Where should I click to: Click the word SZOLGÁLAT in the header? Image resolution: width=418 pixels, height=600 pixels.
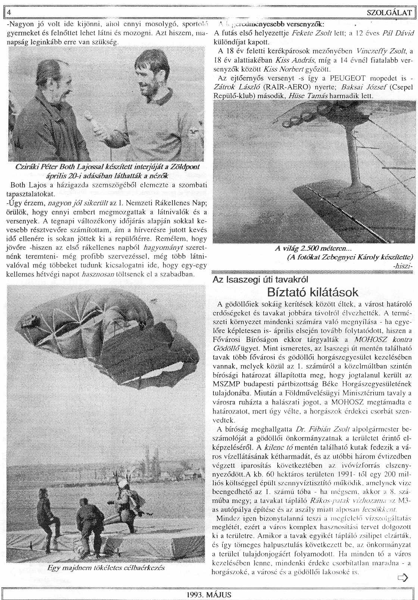[389, 13]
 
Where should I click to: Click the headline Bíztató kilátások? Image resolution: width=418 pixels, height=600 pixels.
[313, 292]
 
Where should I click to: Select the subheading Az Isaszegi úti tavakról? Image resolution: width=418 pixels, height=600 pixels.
[260, 279]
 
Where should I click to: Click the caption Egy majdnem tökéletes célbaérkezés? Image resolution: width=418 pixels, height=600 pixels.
[106, 568]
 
